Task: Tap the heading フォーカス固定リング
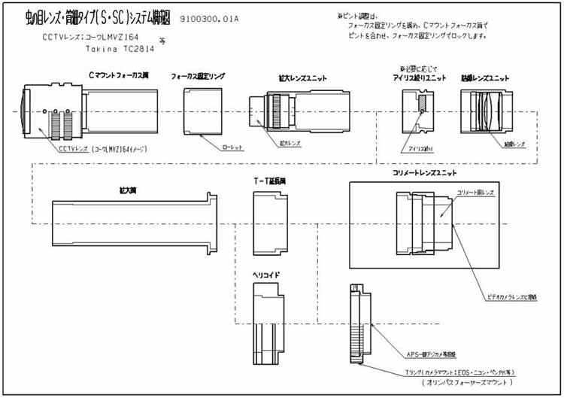click(199, 76)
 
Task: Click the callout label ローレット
click(235, 147)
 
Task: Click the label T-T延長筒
click(268, 181)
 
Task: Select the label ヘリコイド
click(265, 275)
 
